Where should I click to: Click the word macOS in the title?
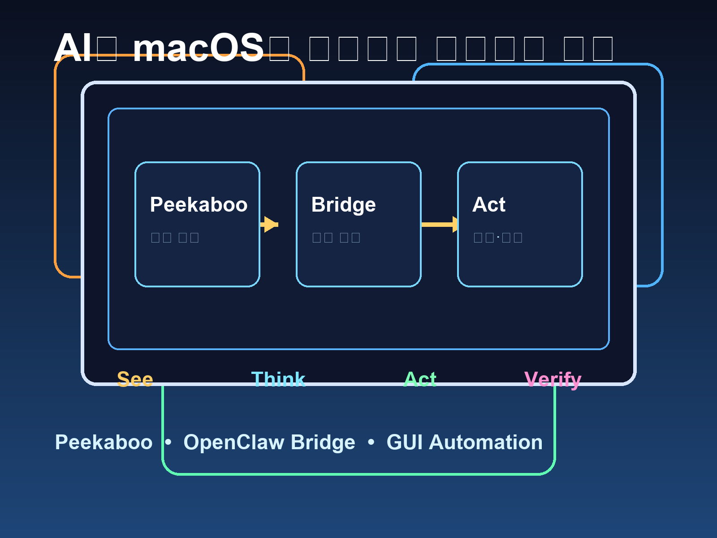(x=198, y=48)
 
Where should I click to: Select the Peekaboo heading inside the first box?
(x=199, y=204)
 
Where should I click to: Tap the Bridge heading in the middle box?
(x=343, y=204)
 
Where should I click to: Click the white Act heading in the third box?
(x=488, y=204)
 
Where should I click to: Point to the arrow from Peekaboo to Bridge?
(x=269, y=224)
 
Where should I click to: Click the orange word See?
(x=135, y=379)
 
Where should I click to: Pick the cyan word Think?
(x=278, y=379)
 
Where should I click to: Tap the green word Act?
(x=420, y=379)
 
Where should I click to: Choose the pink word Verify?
(x=553, y=379)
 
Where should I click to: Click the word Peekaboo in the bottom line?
(x=104, y=442)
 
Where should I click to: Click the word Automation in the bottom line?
(x=486, y=442)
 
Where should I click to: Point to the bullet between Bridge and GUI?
(x=371, y=442)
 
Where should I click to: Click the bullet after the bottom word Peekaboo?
(x=168, y=442)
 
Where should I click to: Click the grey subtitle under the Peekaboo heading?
(x=175, y=237)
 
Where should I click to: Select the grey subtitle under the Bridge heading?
(x=336, y=237)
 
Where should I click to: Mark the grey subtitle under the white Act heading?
(x=498, y=237)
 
